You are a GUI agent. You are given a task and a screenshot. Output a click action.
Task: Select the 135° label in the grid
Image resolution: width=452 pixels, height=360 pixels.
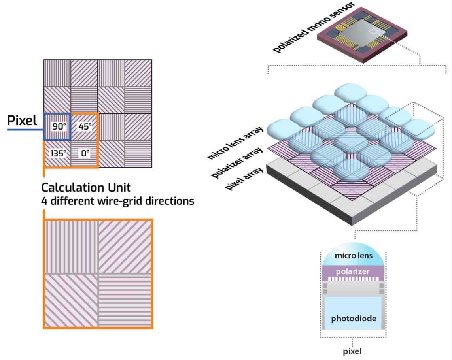click(x=58, y=153)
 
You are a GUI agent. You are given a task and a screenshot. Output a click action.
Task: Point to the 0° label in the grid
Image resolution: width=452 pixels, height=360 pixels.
click(x=85, y=153)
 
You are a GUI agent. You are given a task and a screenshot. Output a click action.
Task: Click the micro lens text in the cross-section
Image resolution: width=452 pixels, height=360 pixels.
click(x=353, y=256)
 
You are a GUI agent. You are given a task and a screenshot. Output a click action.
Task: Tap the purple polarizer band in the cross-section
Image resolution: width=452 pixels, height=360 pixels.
click(x=353, y=272)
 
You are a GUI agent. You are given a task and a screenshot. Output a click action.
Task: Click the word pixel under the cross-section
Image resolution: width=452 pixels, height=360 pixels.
click(x=353, y=351)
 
